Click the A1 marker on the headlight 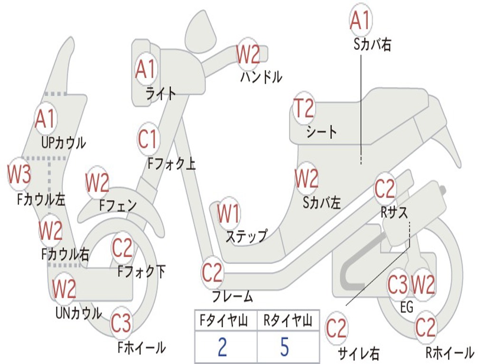click(x=145, y=69)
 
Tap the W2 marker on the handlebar click(x=248, y=55)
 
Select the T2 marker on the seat click(x=304, y=109)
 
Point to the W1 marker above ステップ click(x=228, y=214)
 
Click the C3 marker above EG click(x=397, y=285)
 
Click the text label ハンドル click(x=261, y=76)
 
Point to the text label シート click(x=321, y=131)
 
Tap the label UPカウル click(x=64, y=142)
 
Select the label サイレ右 click(x=358, y=353)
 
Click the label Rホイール click(x=449, y=353)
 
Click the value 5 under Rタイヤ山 click(x=284, y=347)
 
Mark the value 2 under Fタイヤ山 click(x=222, y=347)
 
